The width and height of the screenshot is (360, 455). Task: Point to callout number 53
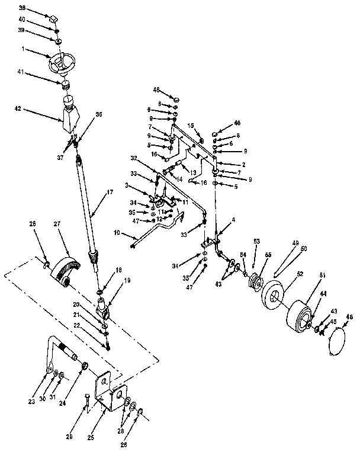[x=256, y=241]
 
